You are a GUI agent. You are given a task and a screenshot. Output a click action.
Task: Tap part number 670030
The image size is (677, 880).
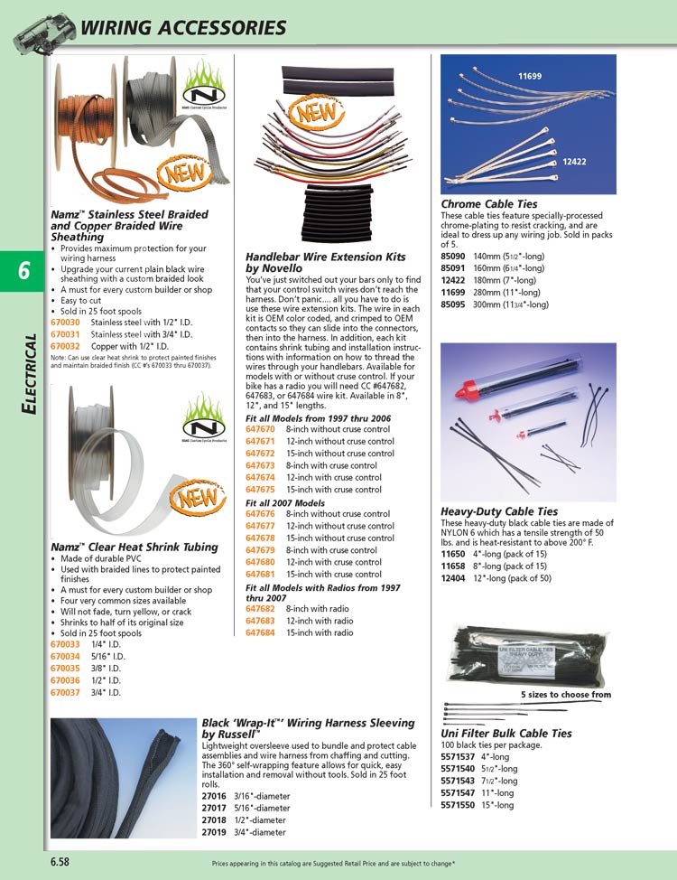tap(66, 323)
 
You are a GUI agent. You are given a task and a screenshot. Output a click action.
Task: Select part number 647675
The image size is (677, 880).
tap(261, 490)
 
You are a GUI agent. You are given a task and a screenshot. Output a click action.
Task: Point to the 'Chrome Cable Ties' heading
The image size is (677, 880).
tap(488, 204)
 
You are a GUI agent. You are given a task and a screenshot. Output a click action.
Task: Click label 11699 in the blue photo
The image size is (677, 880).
tap(530, 76)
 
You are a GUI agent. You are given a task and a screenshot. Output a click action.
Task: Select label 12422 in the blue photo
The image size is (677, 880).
tap(576, 162)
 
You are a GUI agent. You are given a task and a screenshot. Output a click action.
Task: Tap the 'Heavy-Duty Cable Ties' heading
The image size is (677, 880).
tap(499, 511)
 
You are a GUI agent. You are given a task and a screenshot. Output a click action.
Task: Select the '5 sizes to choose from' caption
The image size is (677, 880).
tap(565, 695)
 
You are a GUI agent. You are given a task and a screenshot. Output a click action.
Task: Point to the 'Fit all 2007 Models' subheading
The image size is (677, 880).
tap(285, 502)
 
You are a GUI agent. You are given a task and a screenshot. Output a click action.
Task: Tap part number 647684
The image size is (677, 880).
tap(261, 633)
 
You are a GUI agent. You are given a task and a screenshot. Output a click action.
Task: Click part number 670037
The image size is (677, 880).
tap(66, 692)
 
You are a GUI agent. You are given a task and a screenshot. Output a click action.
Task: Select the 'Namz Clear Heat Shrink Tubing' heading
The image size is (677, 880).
tap(134, 547)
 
